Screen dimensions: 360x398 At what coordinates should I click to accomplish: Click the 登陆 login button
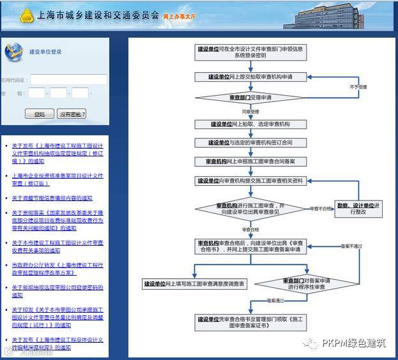click(x=40, y=114)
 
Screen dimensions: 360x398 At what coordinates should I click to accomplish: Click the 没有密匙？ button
click(x=72, y=114)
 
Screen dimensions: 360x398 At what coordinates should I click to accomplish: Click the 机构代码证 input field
click(x=68, y=80)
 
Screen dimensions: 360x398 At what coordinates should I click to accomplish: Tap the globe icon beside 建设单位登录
click(x=13, y=52)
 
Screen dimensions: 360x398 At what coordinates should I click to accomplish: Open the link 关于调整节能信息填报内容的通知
click(x=52, y=199)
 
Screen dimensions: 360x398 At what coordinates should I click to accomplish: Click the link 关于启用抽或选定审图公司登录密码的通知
click(x=57, y=291)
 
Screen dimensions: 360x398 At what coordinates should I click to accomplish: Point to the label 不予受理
click(x=358, y=86)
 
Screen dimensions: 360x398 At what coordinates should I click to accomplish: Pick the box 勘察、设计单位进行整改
click(x=359, y=208)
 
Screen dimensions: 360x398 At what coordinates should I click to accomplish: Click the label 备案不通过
click(x=351, y=245)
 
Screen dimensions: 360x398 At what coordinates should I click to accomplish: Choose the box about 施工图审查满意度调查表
click(x=194, y=283)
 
